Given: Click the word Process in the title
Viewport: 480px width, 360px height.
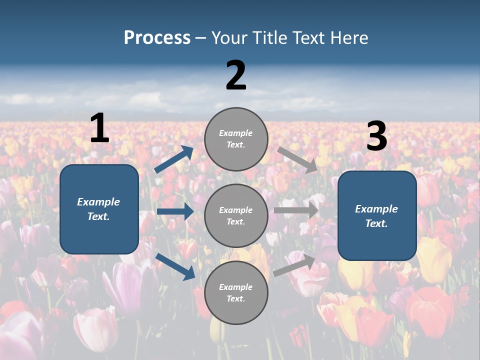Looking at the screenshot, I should click(x=157, y=38).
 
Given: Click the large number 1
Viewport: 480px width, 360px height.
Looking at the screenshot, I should click(x=99, y=128).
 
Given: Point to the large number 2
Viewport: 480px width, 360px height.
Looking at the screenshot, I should click(x=236, y=75).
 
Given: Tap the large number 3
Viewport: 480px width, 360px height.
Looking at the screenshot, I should click(x=377, y=136).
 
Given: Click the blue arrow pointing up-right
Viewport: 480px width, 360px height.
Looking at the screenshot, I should click(x=174, y=159).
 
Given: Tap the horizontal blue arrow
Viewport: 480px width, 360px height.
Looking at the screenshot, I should click(x=175, y=211).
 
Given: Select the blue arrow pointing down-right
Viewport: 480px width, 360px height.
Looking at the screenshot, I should click(x=175, y=266).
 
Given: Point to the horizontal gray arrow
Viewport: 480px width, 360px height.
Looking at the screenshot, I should click(x=296, y=210).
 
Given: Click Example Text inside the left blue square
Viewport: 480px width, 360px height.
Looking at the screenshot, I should click(x=98, y=209).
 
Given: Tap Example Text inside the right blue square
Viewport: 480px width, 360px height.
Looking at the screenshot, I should click(x=376, y=216).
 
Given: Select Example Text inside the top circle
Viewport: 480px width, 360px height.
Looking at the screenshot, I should click(x=236, y=138).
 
